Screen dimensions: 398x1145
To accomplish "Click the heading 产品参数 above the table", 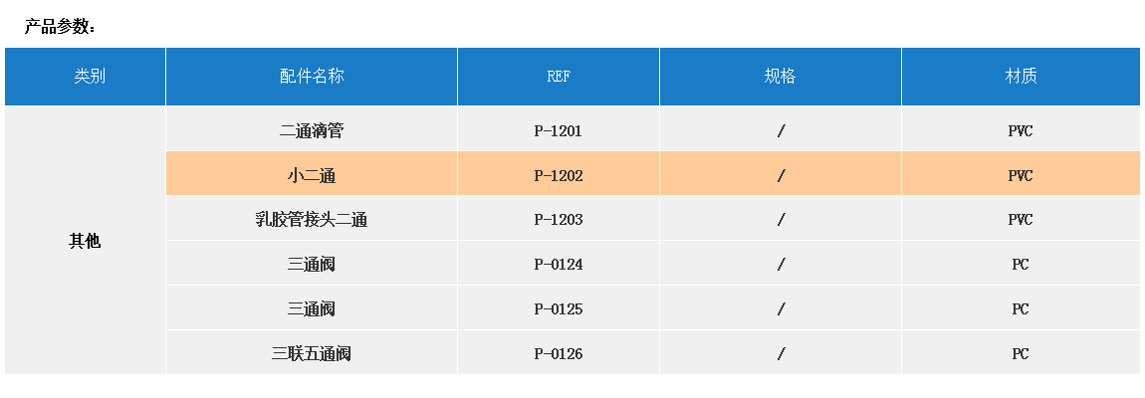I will [x=60, y=27].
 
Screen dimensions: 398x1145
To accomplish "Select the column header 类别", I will [x=90, y=77].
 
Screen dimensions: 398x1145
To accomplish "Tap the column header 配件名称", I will [x=312, y=77].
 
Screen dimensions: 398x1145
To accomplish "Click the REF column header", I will [x=559, y=77].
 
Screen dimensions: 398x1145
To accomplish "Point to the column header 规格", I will [x=781, y=77].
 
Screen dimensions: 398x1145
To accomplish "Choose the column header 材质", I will [x=1021, y=77].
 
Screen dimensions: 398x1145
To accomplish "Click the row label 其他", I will [x=85, y=241].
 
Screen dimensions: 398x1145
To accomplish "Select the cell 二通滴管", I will [x=312, y=130].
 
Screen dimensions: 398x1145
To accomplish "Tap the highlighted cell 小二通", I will [x=312, y=176].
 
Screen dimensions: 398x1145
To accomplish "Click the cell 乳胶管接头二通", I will [x=312, y=220].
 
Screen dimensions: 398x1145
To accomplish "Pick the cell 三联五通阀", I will [x=312, y=354].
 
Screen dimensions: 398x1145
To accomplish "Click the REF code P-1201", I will [x=559, y=130].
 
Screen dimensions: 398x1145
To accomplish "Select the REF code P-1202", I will [x=559, y=176].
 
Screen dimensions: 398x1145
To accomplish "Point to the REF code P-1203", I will [x=559, y=220].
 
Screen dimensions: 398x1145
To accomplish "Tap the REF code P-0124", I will [x=559, y=265].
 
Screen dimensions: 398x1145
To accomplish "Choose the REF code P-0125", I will [x=559, y=309].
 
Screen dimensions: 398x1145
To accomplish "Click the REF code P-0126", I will [x=559, y=354].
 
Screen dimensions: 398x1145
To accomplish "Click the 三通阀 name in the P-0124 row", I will [x=312, y=265].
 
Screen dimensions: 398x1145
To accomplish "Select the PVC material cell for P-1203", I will [x=1021, y=220].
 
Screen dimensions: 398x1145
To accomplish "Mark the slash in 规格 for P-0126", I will [x=782, y=354].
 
